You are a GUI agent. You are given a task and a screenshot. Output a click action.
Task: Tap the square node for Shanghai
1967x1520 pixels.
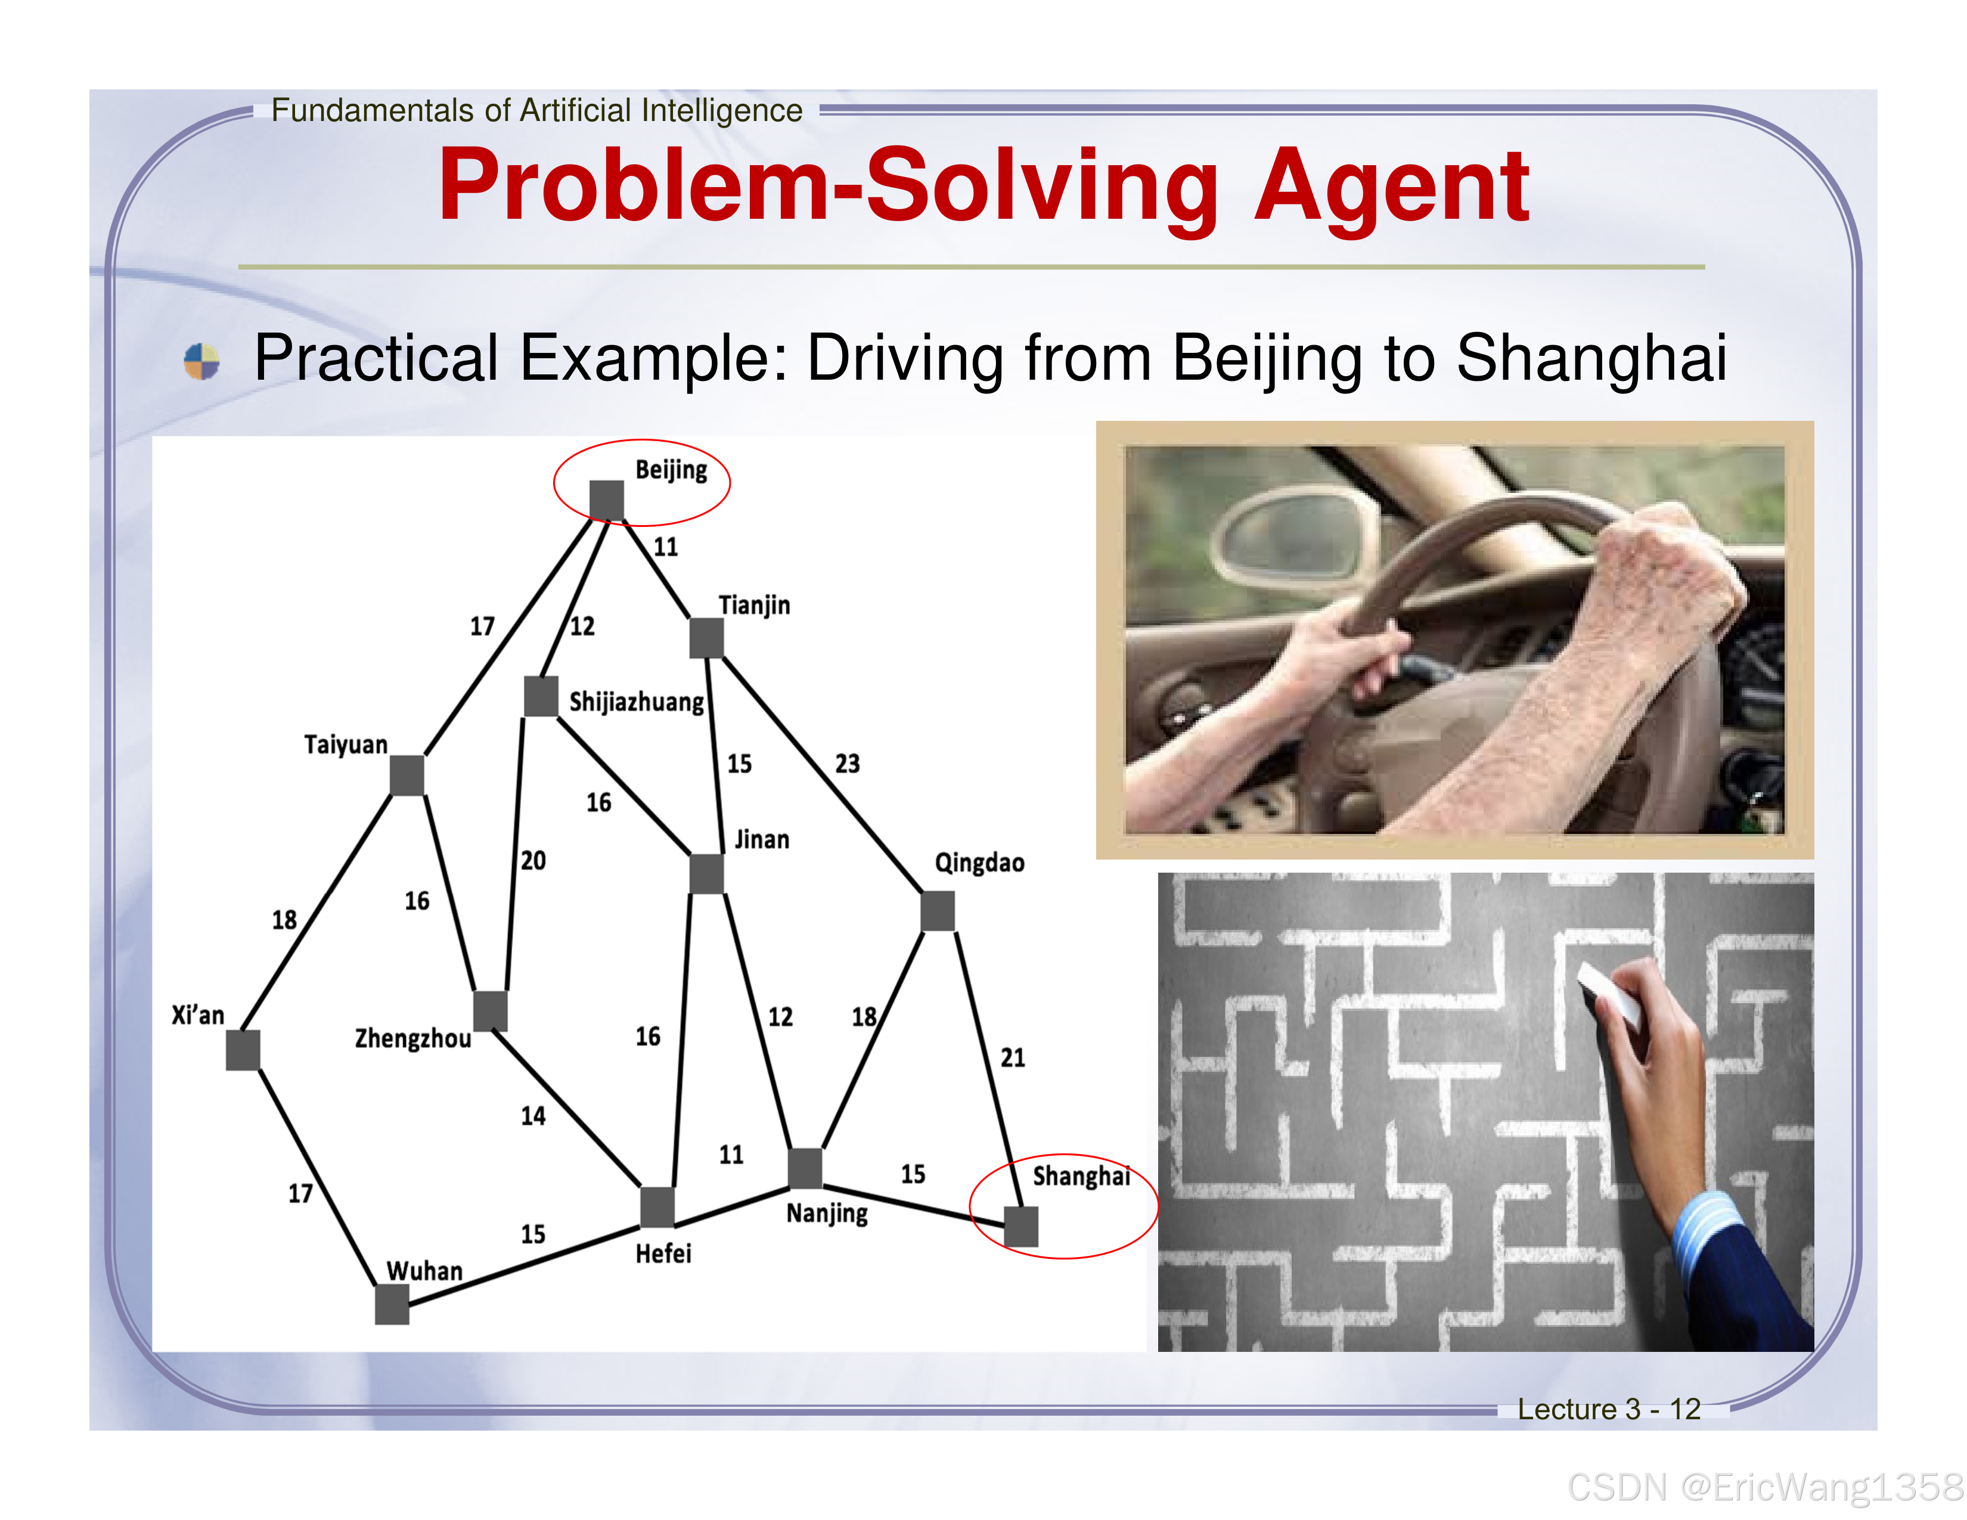coord(1020,1227)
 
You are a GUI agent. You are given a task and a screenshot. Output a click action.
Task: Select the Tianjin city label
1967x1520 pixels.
coord(754,605)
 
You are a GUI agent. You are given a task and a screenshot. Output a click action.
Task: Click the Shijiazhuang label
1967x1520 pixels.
coord(636,702)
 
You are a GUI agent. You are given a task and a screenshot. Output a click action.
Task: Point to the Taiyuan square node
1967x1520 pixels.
coord(407,775)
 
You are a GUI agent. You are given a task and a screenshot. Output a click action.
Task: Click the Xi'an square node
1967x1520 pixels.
coord(243,1050)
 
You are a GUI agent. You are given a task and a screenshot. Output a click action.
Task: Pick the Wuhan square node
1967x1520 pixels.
coord(392,1304)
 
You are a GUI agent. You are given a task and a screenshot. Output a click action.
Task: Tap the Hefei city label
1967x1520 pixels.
coord(663,1254)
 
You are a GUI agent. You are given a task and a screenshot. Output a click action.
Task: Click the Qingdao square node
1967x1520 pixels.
coord(938,911)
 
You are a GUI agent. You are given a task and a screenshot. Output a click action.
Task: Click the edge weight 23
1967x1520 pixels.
coord(846,764)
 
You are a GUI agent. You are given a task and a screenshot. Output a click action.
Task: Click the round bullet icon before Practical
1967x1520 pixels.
coord(201,361)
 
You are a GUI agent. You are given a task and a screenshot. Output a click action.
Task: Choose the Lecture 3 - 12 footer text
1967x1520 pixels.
coord(1609,1409)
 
